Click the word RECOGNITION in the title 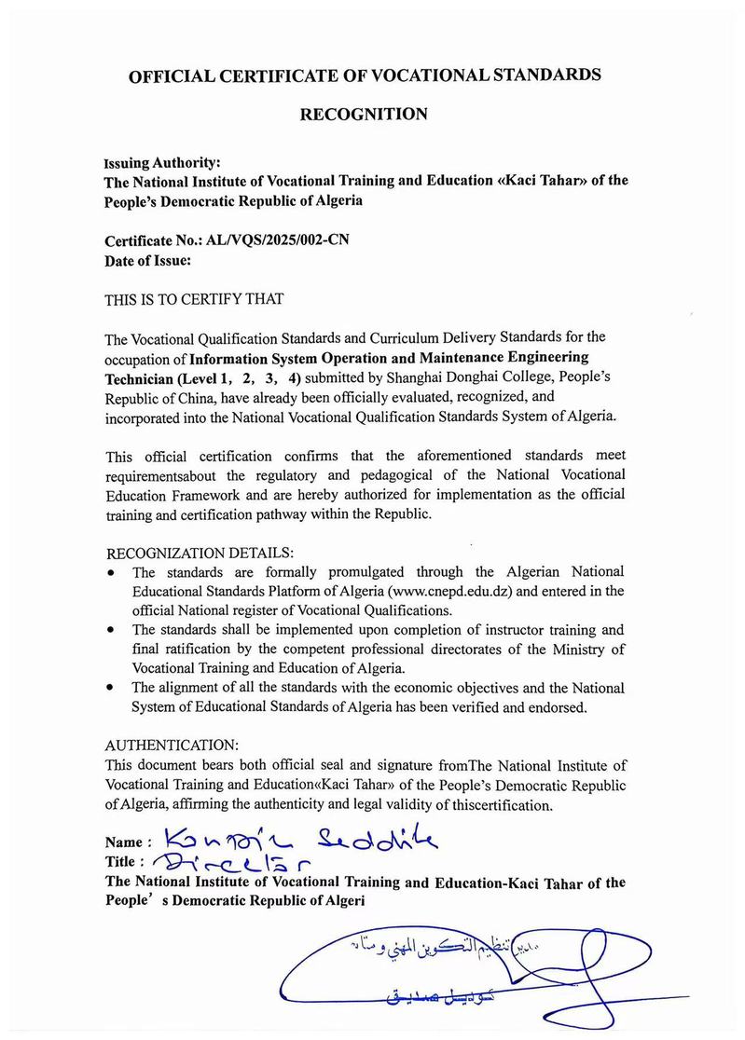click(x=363, y=115)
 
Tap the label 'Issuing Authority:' click(x=161, y=160)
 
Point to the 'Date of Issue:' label click(x=148, y=261)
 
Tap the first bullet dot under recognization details click(x=112, y=571)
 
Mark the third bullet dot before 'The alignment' click(x=112, y=687)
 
